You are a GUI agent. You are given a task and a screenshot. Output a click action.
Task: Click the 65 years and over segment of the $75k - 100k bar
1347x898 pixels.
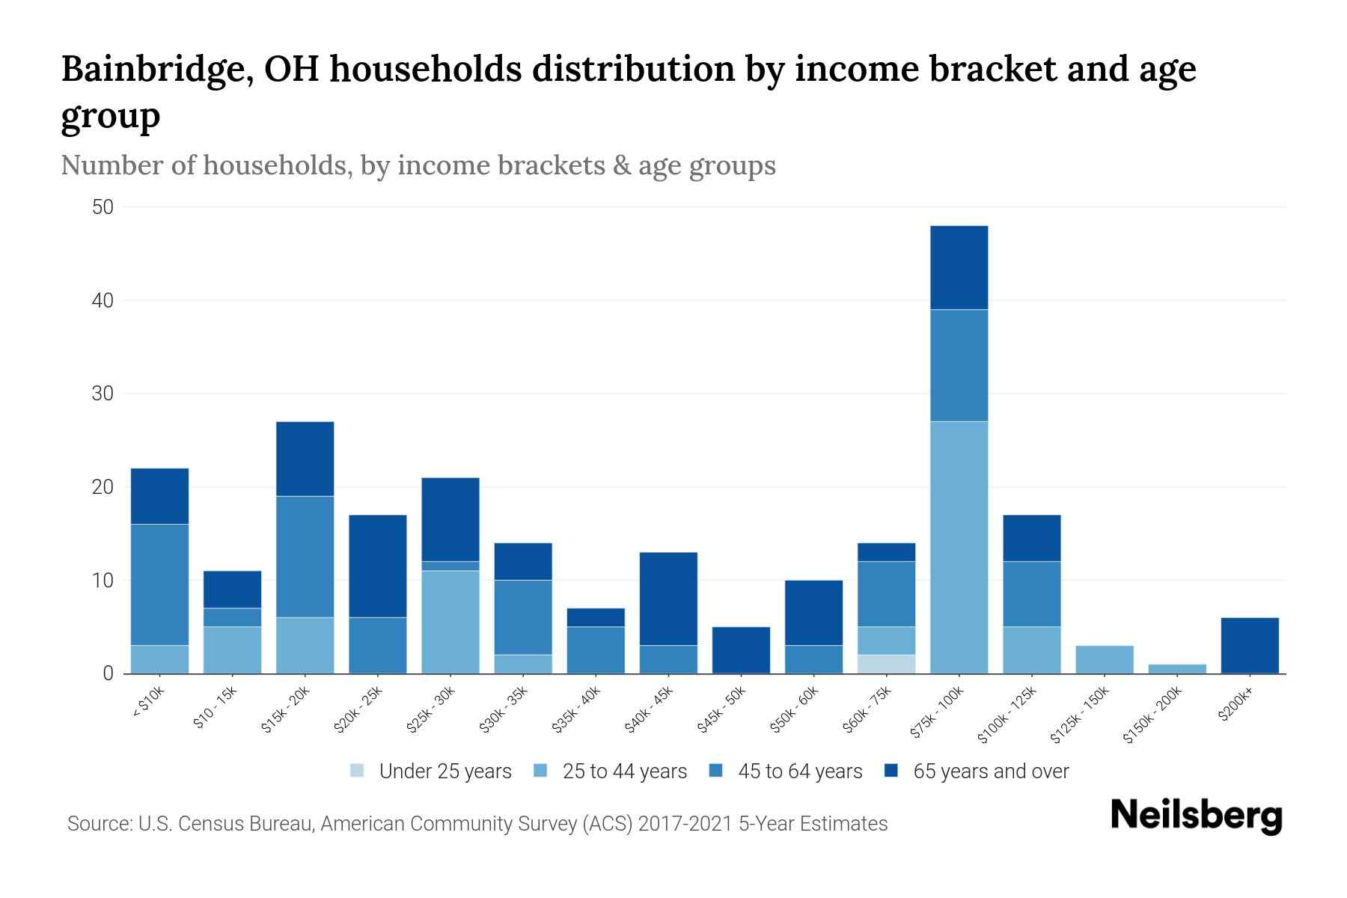(959, 267)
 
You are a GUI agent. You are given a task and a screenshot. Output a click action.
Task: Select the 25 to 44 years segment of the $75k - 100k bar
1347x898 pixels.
(959, 547)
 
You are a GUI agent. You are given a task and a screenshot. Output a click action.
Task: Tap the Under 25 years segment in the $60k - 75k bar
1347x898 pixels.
(886, 664)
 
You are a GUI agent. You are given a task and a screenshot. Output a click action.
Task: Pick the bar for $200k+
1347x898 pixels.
(1249, 645)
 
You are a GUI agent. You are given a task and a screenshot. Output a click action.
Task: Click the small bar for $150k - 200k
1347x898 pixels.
(1176, 668)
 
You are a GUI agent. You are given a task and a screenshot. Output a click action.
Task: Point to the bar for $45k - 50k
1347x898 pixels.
(741, 650)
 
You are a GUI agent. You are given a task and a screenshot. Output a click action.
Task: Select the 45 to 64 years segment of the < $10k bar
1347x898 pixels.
(159, 584)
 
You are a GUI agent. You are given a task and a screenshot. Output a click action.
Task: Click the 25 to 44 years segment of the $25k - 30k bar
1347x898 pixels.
(450, 622)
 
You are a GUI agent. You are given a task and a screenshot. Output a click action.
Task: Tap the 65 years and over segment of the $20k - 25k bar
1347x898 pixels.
(377, 566)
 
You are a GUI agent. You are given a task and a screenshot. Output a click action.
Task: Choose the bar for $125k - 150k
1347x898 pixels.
(1104, 659)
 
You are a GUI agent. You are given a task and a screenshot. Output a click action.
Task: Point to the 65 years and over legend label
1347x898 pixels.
(991, 771)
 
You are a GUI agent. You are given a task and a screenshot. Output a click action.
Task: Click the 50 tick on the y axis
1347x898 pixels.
(103, 207)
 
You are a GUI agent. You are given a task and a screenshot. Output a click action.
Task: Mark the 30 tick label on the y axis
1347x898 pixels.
(103, 394)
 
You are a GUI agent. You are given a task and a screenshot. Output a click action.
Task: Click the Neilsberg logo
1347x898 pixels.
(1196, 816)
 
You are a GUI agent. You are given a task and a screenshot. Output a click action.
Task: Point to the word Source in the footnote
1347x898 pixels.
(97, 824)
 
